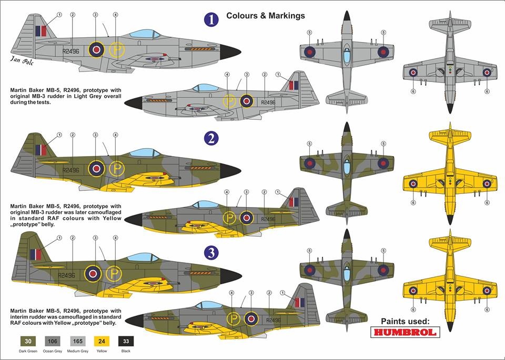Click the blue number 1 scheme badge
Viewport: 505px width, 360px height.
(x=211, y=19)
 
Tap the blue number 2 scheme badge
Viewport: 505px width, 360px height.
(x=211, y=138)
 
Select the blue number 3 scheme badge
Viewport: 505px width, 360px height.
(x=211, y=253)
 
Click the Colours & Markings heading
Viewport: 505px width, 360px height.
(x=265, y=16)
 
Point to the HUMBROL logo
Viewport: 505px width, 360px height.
(x=405, y=332)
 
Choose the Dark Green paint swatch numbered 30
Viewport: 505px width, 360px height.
(x=28, y=341)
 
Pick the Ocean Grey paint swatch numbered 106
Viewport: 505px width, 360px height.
(x=53, y=341)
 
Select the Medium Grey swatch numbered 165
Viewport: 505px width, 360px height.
(x=78, y=341)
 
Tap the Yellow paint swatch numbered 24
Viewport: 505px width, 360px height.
(x=102, y=341)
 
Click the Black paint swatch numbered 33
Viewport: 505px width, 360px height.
(x=126, y=341)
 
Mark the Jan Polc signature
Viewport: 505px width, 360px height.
(x=22, y=60)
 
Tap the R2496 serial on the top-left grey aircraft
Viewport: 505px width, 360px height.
(x=70, y=51)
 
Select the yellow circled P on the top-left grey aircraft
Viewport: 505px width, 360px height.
(x=116, y=50)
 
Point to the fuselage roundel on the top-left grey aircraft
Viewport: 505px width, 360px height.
(x=96, y=49)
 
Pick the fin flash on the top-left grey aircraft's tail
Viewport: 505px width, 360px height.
(x=41, y=31)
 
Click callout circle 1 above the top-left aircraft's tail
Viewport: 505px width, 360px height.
(x=59, y=15)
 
